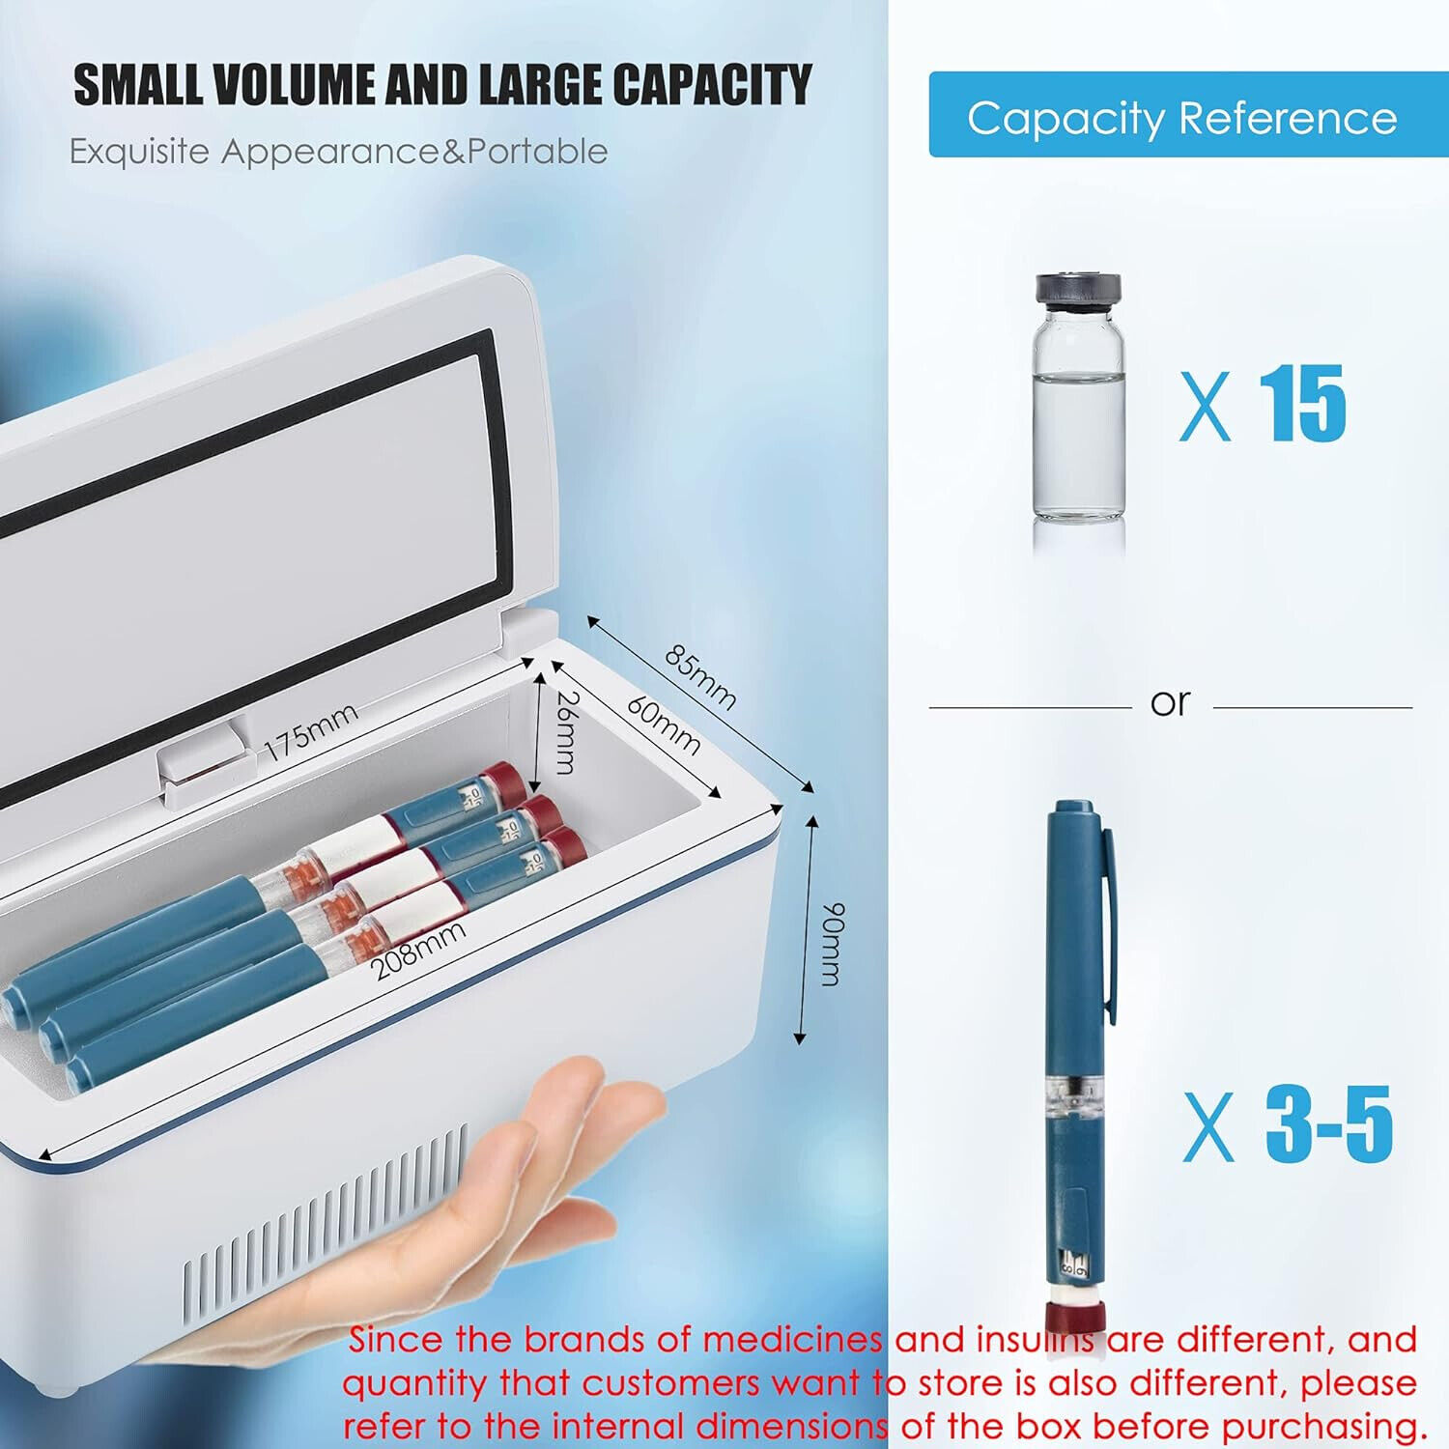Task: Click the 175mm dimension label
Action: pyautogui.click(x=311, y=730)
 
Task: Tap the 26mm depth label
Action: pyautogui.click(x=566, y=732)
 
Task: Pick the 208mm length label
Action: pyautogui.click(x=419, y=950)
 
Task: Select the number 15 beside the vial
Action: pyautogui.click(x=1303, y=404)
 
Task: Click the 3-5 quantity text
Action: pyautogui.click(x=1329, y=1123)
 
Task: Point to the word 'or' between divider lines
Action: pyautogui.click(x=1171, y=702)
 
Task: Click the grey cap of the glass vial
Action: pyautogui.click(x=1078, y=290)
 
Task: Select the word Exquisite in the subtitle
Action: pyautogui.click(x=139, y=152)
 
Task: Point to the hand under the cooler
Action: pyautogui.click(x=464, y=1207)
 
